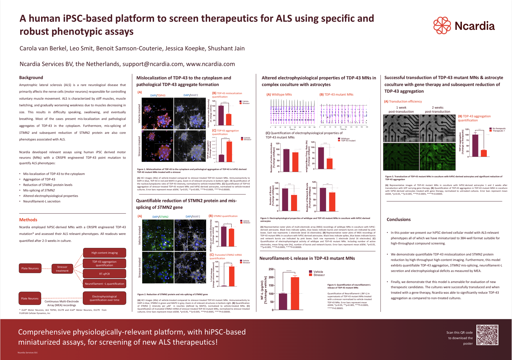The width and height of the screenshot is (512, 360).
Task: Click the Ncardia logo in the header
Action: (464, 25)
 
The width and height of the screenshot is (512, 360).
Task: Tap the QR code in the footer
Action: (487, 335)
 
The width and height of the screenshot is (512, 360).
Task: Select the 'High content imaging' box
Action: (105, 253)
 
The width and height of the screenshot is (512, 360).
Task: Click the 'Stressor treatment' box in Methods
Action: (62, 269)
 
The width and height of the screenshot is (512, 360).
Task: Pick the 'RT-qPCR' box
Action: (105, 274)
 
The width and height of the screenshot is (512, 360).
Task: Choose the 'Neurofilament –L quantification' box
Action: (105, 284)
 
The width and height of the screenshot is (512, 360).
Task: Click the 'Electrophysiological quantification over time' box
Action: (105, 298)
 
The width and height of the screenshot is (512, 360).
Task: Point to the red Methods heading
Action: (28, 220)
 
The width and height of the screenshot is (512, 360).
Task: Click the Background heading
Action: (31, 78)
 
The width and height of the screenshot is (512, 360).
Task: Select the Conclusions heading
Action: (398, 220)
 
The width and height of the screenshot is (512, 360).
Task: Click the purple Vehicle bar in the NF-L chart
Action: (283, 301)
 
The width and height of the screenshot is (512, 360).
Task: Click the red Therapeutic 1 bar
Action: (484, 153)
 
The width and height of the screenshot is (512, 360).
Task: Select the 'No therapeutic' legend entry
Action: (499, 129)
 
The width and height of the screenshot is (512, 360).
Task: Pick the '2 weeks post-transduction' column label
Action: (437, 109)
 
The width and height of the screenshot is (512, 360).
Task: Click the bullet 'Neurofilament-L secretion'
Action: (42, 201)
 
